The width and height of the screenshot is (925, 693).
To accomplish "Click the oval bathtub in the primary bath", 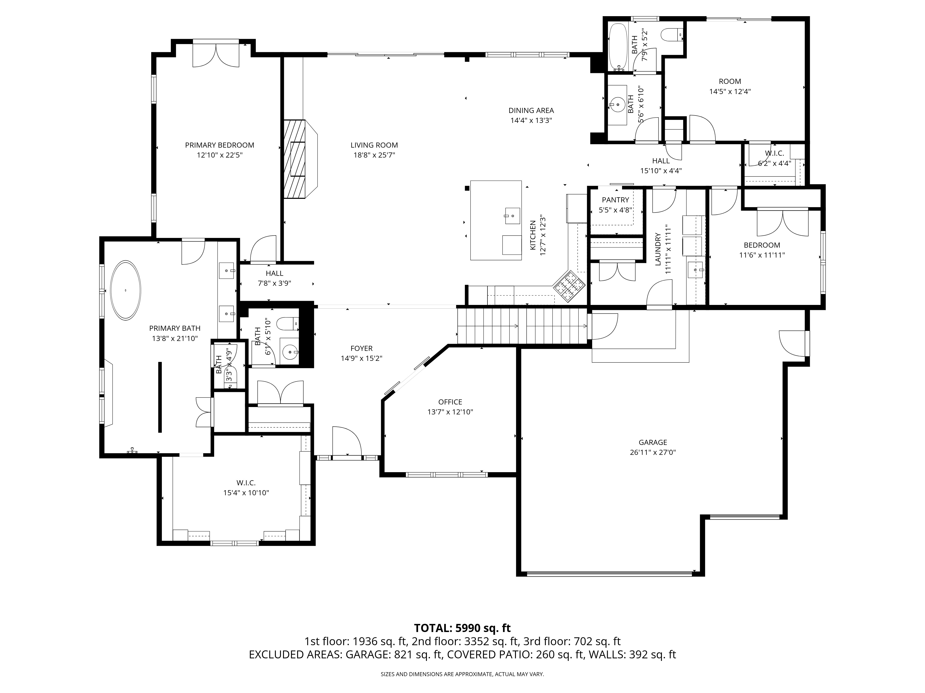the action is tap(125, 290).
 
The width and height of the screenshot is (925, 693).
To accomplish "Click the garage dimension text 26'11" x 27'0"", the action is tap(653, 452).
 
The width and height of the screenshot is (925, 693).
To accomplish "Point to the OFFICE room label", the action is tap(450, 402).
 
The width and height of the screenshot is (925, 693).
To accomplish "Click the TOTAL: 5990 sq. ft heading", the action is tap(462, 640).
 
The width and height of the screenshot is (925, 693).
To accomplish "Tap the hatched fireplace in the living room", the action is tap(295, 159).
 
